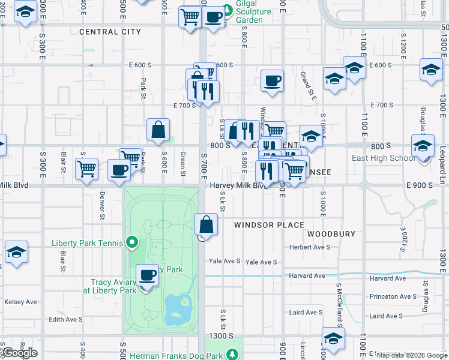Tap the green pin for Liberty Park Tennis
(133, 243)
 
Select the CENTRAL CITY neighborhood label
(110, 32)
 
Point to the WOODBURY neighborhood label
(331, 233)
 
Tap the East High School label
(383, 158)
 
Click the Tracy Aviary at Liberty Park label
(113, 286)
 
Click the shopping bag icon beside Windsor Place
(206, 226)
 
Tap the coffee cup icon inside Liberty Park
(147, 276)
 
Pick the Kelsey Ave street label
(20, 302)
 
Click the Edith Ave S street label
(66, 319)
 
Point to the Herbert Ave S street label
(310, 247)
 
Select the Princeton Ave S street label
(393, 296)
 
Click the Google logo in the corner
(19, 353)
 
